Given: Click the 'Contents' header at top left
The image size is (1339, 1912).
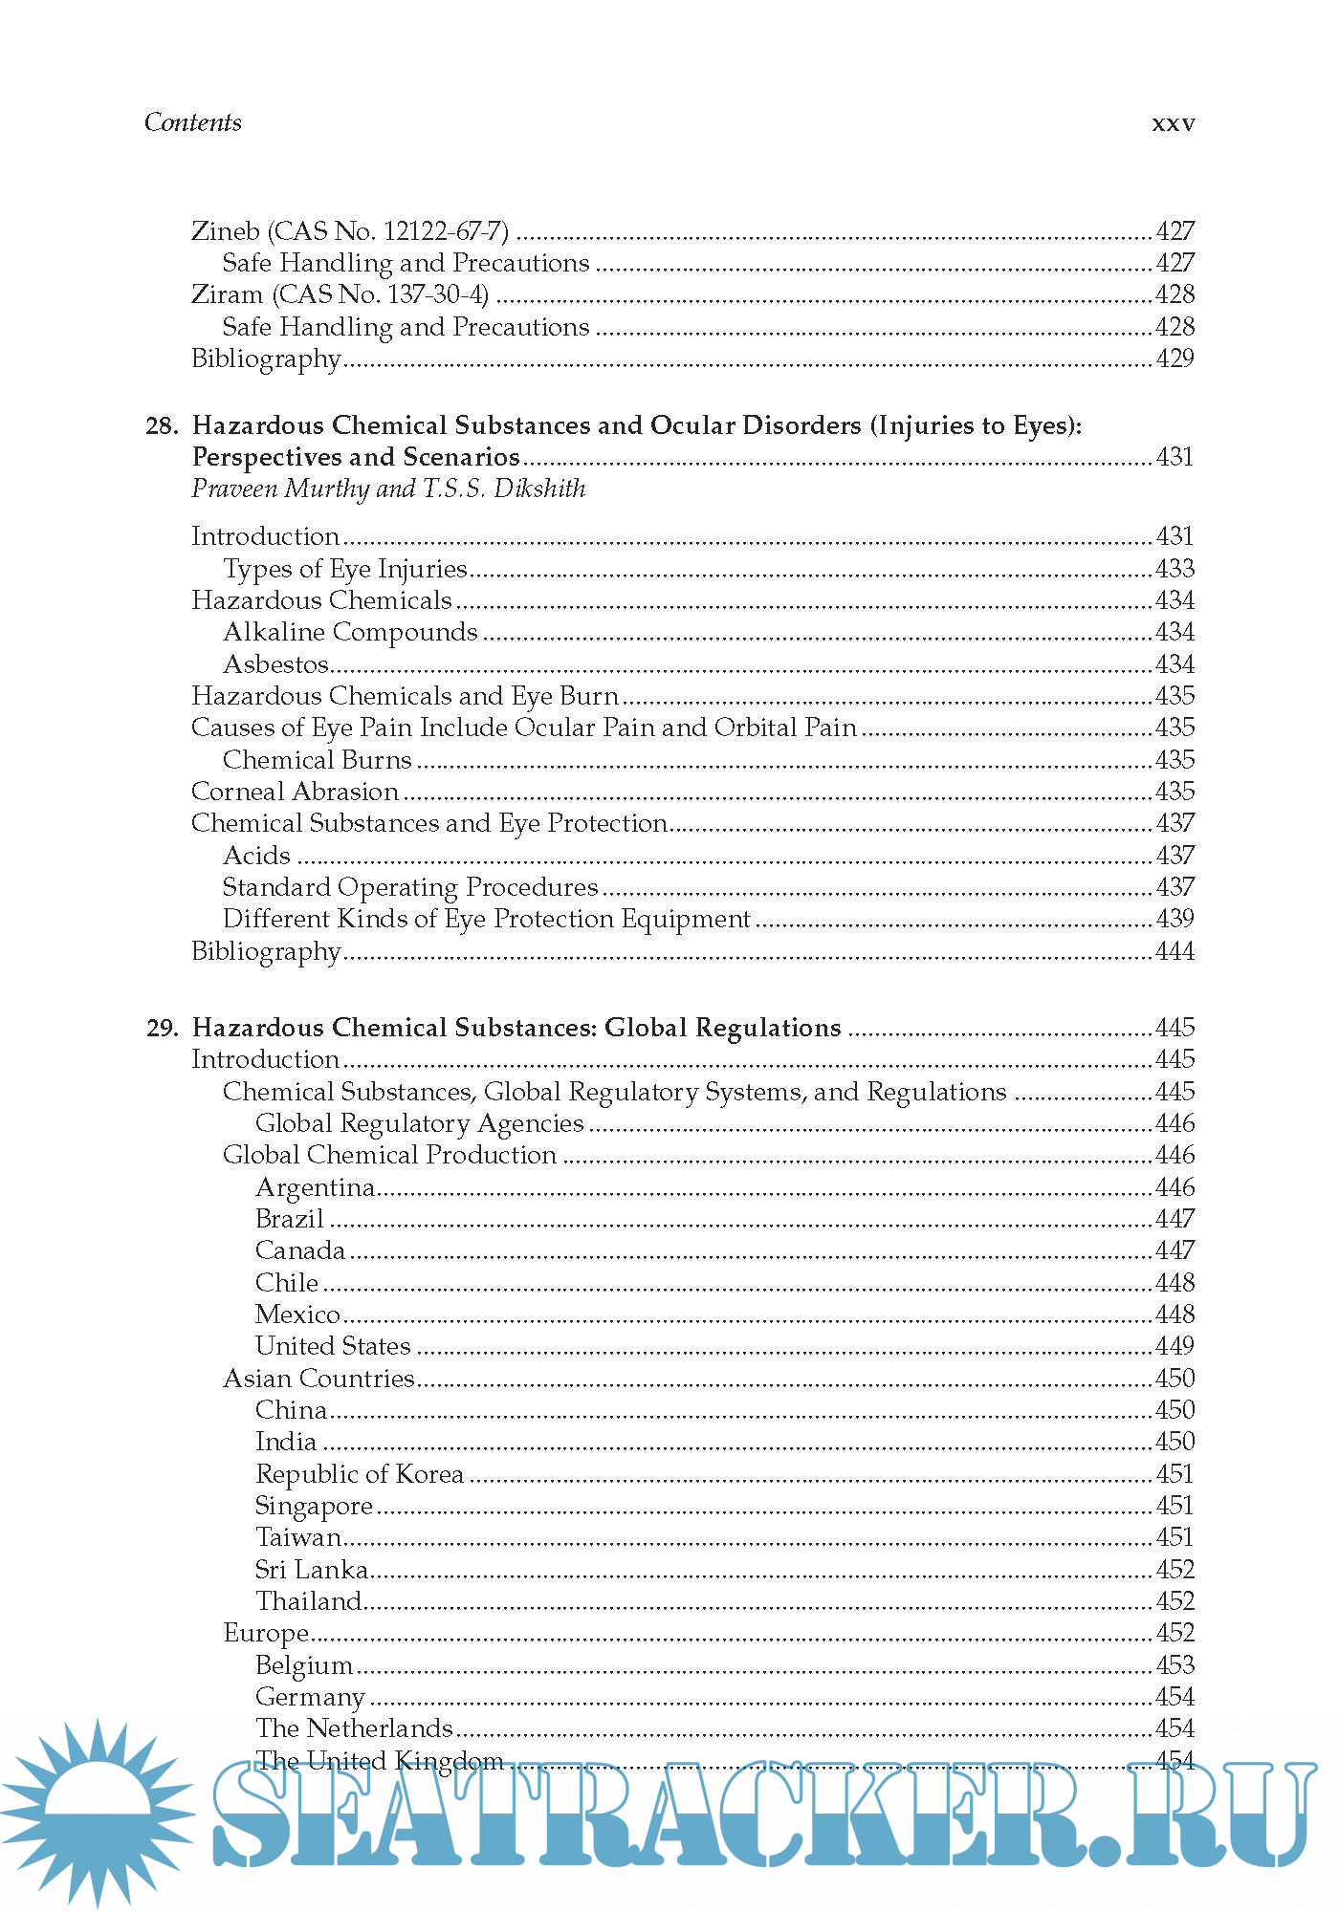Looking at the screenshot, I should pos(192,122).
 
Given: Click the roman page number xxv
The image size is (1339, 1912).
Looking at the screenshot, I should pos(1173,123).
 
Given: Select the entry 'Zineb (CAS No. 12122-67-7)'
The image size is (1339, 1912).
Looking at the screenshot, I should pos(350,231).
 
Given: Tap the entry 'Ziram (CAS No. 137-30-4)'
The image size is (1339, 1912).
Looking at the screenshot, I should pos(340,294).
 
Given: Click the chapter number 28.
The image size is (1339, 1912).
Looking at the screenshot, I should pos(162,425).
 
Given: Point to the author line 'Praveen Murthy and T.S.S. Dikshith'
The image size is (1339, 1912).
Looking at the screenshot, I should pos(388,489).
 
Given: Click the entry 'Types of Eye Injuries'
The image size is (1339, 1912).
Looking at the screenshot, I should pos(344,569).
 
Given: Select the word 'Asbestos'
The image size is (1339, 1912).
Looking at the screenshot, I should pos(275,664).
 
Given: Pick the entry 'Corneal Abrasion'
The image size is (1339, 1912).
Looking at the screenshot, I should pos(295,792).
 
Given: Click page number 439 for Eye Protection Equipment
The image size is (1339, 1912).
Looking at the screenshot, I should pos(1174,919).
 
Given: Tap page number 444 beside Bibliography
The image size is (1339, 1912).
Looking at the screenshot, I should pos(1174,951).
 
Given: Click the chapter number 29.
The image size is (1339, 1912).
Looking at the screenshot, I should pos(162,1028).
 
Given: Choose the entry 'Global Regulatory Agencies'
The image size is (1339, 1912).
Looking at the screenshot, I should pos(419,1123).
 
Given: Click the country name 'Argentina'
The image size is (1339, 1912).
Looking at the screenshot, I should pos(315,1187).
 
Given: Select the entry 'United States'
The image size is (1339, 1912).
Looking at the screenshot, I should pos(333,1346).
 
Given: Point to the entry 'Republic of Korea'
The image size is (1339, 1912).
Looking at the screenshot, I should pos(360,1474).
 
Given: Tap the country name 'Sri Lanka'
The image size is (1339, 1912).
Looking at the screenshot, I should pos(312,1570).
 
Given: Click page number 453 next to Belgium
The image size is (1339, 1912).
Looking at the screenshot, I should pos(1174,1665).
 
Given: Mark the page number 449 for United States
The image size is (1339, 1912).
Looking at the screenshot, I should pos(1174,1346).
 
